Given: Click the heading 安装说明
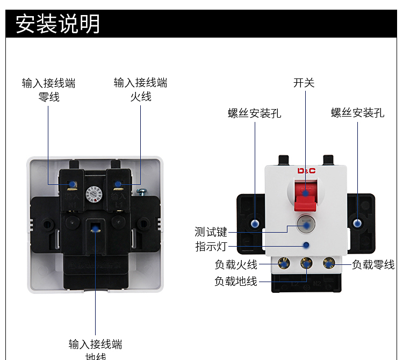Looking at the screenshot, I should (57, 24).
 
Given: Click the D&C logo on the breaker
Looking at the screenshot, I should (306, 171).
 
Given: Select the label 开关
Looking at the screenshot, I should (304, 83).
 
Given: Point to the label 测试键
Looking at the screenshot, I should (211, 232).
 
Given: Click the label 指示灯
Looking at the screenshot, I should (211, 247).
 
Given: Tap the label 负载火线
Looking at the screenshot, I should (236, 264).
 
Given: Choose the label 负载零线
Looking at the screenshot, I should (373, 264).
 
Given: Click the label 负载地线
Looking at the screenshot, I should (236, 281).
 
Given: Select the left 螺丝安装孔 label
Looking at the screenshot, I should (255, 113).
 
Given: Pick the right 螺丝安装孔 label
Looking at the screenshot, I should (358, 113).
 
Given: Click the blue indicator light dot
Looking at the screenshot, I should (306, 246).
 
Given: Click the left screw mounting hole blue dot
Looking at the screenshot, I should (255, 223).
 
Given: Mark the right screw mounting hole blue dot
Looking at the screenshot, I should (357, 222).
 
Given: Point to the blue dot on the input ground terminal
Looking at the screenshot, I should (96, 229).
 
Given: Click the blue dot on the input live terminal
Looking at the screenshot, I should (117, 185).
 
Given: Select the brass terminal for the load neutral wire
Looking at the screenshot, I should (329, 263).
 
